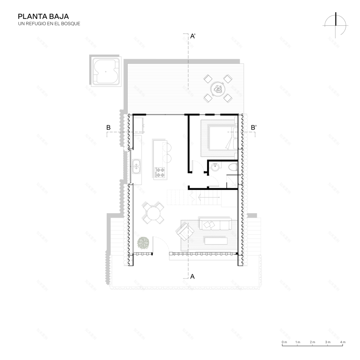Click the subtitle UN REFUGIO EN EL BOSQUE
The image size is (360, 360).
[x=49, y=24]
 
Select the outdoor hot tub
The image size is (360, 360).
[x=106, y=72]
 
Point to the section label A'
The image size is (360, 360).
[x=194, y=37]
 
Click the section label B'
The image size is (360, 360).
[x=254, y=128]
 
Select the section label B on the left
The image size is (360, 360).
[x=108, y=128]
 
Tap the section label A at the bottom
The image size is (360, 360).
[x=192, y=276]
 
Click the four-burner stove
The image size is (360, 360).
[x=160, y=173]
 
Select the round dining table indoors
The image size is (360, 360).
[x=153, y=213]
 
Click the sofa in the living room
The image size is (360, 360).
[x=215, y=225]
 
